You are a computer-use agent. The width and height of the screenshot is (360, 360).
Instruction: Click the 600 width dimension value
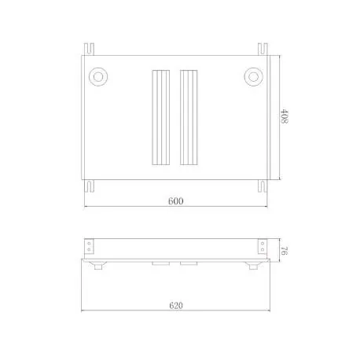175,201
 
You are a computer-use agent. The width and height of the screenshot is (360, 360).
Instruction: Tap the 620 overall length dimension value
175,305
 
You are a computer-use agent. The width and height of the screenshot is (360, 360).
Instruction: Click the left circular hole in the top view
99,76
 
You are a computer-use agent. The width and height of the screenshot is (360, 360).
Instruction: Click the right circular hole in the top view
252,76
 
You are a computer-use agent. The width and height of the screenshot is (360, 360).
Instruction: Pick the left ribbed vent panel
159,118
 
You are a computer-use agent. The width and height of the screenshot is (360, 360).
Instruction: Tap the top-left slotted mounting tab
92,49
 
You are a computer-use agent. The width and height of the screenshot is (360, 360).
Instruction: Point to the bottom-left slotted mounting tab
92,186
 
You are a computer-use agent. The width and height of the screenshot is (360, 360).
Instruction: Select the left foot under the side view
99,268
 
